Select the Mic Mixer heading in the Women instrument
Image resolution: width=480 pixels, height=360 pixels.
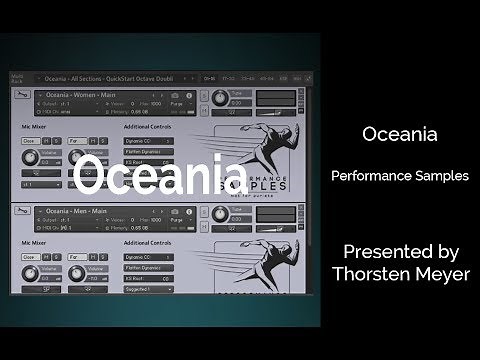pyautogui.click(x=37, y=127)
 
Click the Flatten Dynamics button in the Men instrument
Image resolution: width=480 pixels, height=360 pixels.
pyautogui.click(x=148, y=270)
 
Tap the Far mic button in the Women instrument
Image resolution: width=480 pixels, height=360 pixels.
pyautogui.click(x=76, y=141)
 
